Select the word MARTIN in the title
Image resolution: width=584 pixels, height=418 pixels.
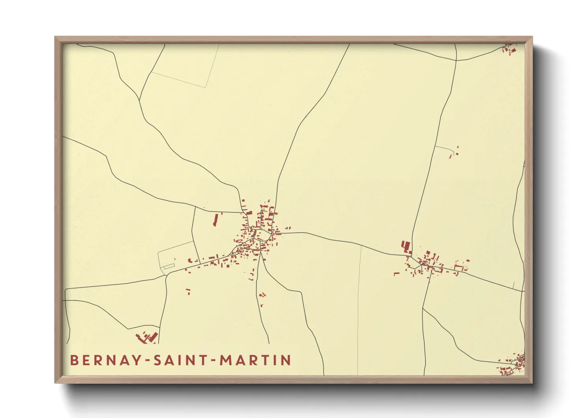pos(255,360)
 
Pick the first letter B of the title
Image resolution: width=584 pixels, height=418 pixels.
pos(74,360)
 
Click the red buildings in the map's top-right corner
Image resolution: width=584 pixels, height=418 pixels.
pos(509,49)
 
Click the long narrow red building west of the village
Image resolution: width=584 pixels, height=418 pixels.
pos(215,220)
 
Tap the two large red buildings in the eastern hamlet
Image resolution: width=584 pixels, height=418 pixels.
pos(406,247)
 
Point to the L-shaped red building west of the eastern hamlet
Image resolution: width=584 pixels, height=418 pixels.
pos(397,273)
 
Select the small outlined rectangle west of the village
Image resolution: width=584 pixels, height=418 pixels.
pos(169,266)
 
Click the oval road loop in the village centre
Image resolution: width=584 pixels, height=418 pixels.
pos(262,235)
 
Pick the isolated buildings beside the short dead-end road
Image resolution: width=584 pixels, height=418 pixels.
pos(454,153)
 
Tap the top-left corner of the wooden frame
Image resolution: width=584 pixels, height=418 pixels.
pos(56,38)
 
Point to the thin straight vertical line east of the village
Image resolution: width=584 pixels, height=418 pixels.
pos(359,308)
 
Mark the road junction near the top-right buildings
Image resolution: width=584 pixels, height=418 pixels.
pos(456,60)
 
